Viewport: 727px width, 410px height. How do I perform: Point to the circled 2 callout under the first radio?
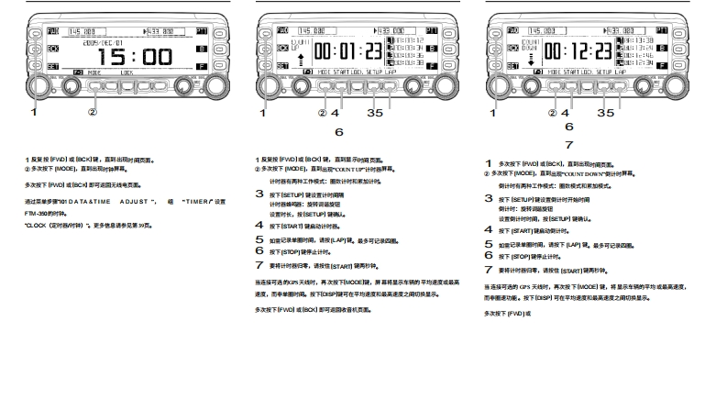click(x=92, y=113)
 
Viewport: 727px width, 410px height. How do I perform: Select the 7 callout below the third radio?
click(x=568, y=145)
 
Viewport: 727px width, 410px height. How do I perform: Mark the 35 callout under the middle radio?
click(x=375, y=113)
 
